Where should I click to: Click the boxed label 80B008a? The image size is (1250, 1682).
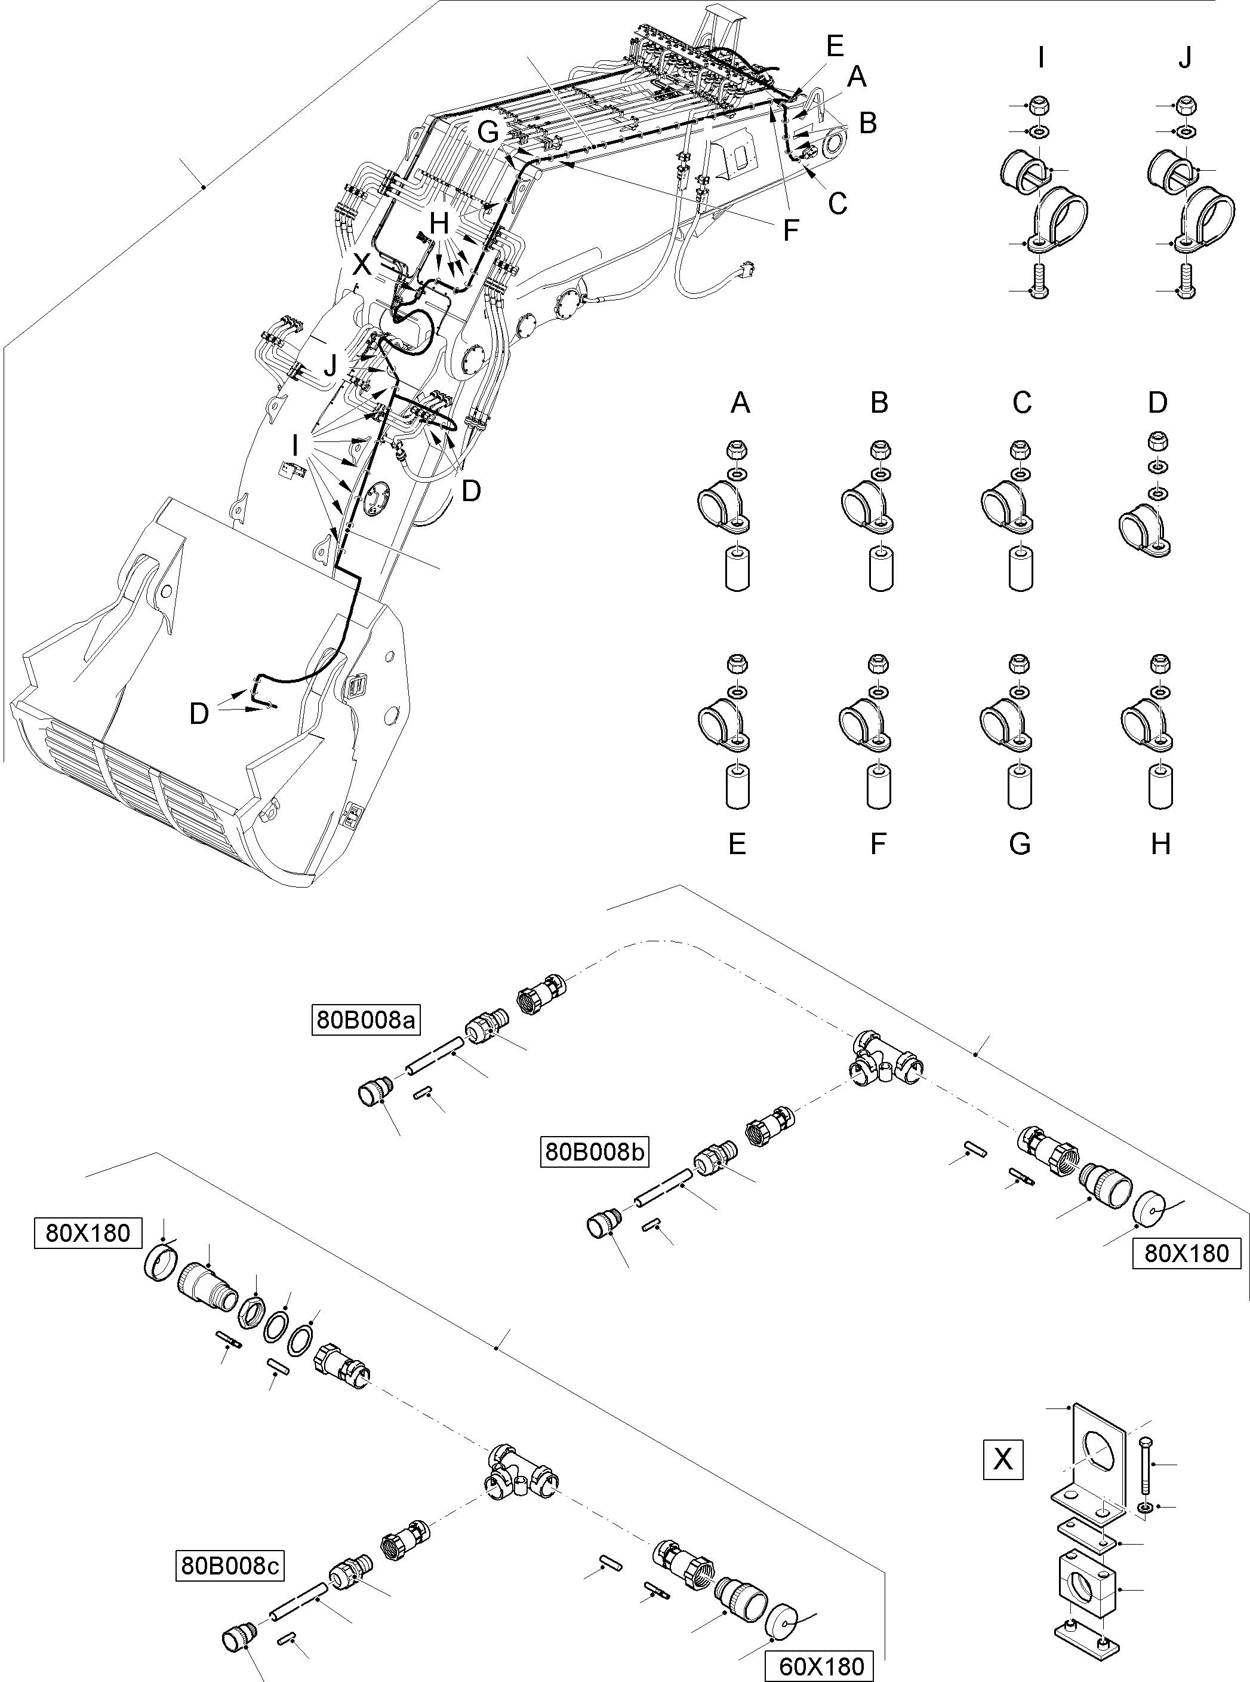(366, 1020)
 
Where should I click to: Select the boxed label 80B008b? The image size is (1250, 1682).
(595, 1152)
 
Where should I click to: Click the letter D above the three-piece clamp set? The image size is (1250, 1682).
(1157, 403)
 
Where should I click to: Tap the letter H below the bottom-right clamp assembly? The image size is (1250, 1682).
(1160, 843)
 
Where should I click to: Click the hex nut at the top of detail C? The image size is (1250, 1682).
(1021, 450)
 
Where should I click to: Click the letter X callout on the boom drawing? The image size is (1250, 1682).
(362, 265)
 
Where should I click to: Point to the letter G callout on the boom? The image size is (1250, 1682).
(488, 133)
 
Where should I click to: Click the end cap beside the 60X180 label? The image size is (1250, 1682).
(783, 1622)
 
